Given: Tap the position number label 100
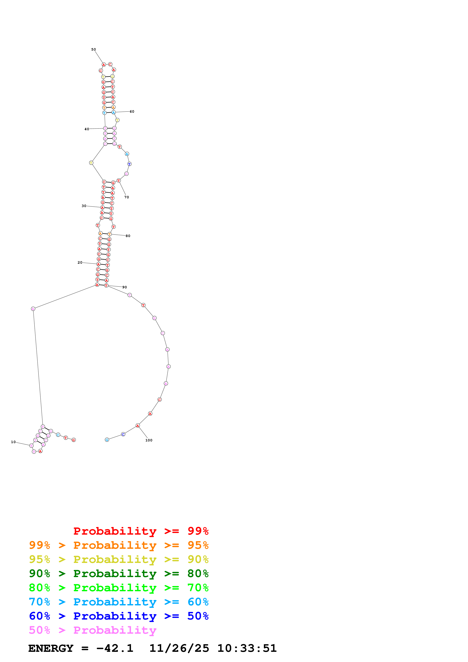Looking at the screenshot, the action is click(149, 440).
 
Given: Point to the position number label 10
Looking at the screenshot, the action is click(13, 442).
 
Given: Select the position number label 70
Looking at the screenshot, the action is click(127, 197).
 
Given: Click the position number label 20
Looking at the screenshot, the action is click(80, 263).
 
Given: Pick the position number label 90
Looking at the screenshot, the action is click(125, 287).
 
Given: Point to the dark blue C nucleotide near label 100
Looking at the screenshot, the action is click(123, 434).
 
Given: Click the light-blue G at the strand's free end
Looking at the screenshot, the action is click(107, 440).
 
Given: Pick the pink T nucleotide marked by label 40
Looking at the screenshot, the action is click(105, 128).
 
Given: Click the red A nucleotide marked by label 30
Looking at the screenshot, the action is click(102, 208).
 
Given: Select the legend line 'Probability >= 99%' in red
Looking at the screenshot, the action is click(141, 531).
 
